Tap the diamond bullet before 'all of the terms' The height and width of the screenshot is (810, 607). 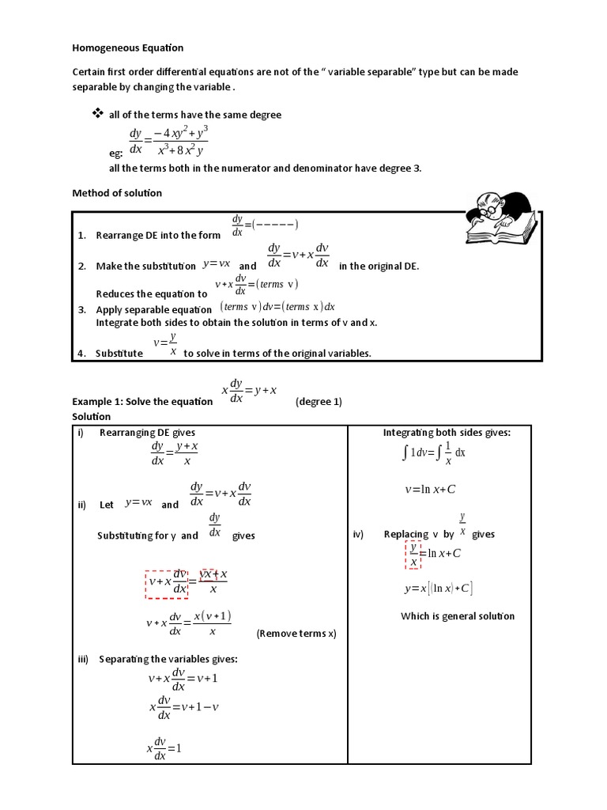[x=98, y=114]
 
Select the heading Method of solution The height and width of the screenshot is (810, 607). [x=117, y=193]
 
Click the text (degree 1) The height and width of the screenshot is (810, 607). [x=319, y=401]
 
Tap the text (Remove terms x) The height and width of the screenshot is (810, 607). [x=296, y=634]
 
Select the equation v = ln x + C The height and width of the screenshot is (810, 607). [x=430, y=490]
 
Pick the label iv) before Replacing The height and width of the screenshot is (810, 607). [x=358, y=534]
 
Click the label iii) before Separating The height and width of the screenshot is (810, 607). [x=84, y=659]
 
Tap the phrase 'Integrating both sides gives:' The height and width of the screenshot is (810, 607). [x=447, y=433]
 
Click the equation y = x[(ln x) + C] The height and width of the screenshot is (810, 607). [x=438, y=589]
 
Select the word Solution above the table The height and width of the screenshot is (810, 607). [x=92, y=416]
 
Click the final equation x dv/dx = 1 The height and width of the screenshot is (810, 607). [x=164, y=747]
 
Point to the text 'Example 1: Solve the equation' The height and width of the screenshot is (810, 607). [x=142, y=401]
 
